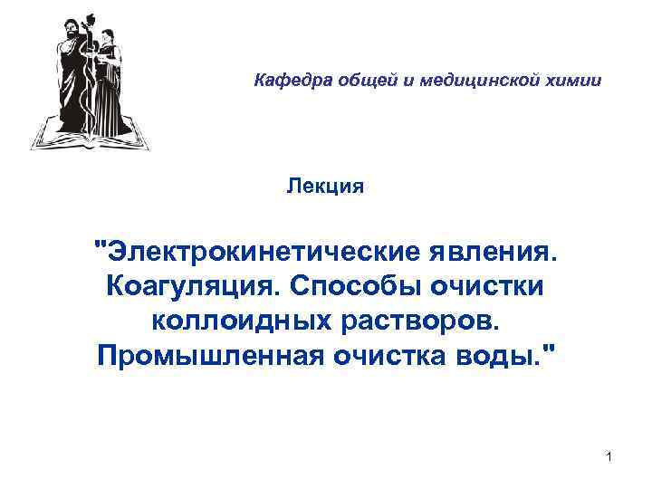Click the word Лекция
point(325,187)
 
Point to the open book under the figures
point(91,136)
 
